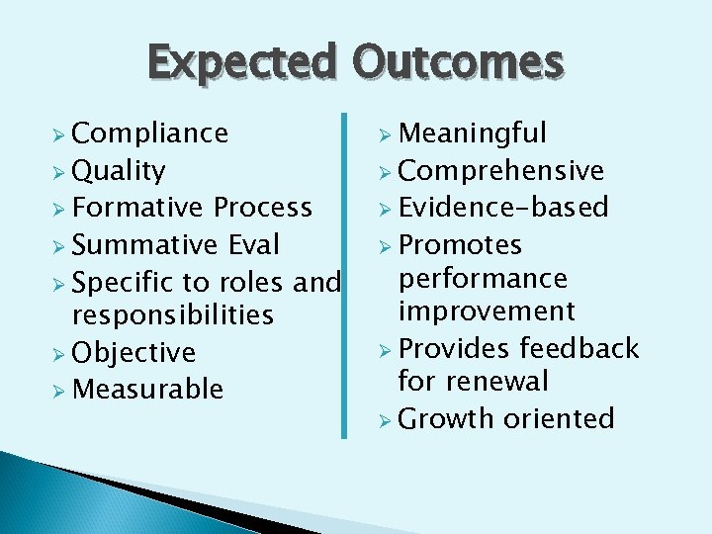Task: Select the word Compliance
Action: pyautogui.click(x=150, y=133)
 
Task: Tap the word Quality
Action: pyautogui.click(x=119, y=171)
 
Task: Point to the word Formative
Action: pyautogui.click(x=139, y=208)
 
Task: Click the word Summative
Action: pyautogui.click(x=143, y=244)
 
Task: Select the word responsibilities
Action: pyautogui.click(x=173, y=315)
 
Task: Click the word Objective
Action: pyautogui.click(x=133, y=353)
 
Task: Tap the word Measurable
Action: pyautogui.click(x=148, y=390)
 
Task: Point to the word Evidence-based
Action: pyautogui.click(x=503, y=208)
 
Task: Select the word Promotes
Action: pyautogui.click(x=460, y=244)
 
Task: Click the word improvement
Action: pyautogui.click(x=486, y=311)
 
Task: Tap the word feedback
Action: pyautogui.click(x=579, y=348)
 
